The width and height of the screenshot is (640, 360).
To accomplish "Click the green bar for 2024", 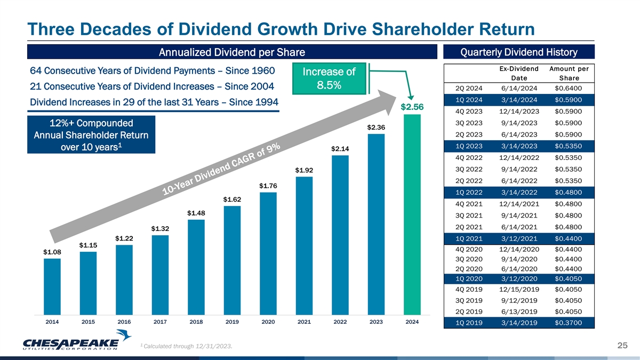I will point(412,213).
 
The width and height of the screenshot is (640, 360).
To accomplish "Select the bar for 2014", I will point(52,286).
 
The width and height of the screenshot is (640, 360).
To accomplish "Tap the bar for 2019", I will point(232,260).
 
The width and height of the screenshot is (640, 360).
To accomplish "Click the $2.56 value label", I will point(412,107).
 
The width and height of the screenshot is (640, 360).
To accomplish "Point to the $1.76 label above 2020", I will point(268,186).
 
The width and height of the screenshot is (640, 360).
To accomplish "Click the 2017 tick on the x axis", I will point(160,323).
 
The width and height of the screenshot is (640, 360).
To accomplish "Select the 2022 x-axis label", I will point(340,323).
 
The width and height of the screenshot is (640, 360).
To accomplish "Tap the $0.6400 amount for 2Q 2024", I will point(568,89).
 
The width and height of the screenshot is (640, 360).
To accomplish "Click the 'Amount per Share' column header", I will point(568,73).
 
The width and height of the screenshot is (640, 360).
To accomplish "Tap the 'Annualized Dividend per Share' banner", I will point(229,52).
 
